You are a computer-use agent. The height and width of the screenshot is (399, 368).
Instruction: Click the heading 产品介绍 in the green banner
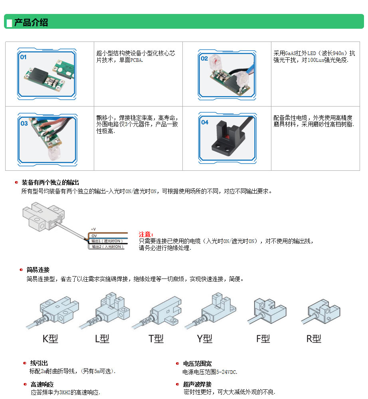coord(31,22)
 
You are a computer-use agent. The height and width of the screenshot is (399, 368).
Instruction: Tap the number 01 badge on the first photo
coord(23,57)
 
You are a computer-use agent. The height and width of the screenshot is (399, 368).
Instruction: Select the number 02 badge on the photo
coord(204,59)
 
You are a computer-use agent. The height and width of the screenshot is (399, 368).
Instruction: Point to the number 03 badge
coord(24,123)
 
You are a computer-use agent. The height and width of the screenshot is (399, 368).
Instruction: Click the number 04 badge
coord(205,122)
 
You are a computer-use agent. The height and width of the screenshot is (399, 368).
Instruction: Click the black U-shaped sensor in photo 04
coord(227,138)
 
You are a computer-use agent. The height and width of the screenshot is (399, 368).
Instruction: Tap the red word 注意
coord(146,234)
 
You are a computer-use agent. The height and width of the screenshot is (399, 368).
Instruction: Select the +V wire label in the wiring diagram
coord(93,229)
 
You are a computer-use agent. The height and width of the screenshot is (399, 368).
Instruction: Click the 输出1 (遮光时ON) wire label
coord(107,241)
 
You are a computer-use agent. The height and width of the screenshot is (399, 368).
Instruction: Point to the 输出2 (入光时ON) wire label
coord(108,247)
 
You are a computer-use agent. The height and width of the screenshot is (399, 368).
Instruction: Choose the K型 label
coord(50,339)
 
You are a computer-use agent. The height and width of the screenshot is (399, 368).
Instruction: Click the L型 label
coord(102,339)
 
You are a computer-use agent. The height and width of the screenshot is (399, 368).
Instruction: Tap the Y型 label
coord(204,339)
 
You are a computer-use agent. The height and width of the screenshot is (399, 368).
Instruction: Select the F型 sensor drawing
coord(267,312)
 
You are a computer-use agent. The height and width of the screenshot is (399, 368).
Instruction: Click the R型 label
coord(314,339)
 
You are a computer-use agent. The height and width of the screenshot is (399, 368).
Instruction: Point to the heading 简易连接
coord(38,270)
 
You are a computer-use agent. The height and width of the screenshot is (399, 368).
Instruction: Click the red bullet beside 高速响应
coord(25,384)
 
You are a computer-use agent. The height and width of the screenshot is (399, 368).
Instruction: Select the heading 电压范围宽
coord(197,363)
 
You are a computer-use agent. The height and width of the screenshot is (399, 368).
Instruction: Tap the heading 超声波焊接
coord(197,384)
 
